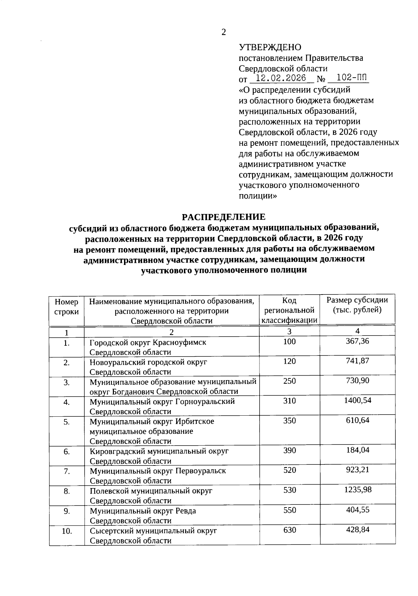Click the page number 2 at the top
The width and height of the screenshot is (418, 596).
223,32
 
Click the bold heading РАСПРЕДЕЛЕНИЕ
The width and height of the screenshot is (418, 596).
224,217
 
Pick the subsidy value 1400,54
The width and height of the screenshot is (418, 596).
357,400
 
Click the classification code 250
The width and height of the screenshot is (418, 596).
289,381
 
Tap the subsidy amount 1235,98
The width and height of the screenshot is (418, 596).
358,490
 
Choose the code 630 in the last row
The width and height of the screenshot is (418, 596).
289,530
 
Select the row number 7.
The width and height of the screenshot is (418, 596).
67,471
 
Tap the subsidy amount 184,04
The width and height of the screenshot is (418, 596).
357,450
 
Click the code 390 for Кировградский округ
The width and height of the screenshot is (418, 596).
289,450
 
